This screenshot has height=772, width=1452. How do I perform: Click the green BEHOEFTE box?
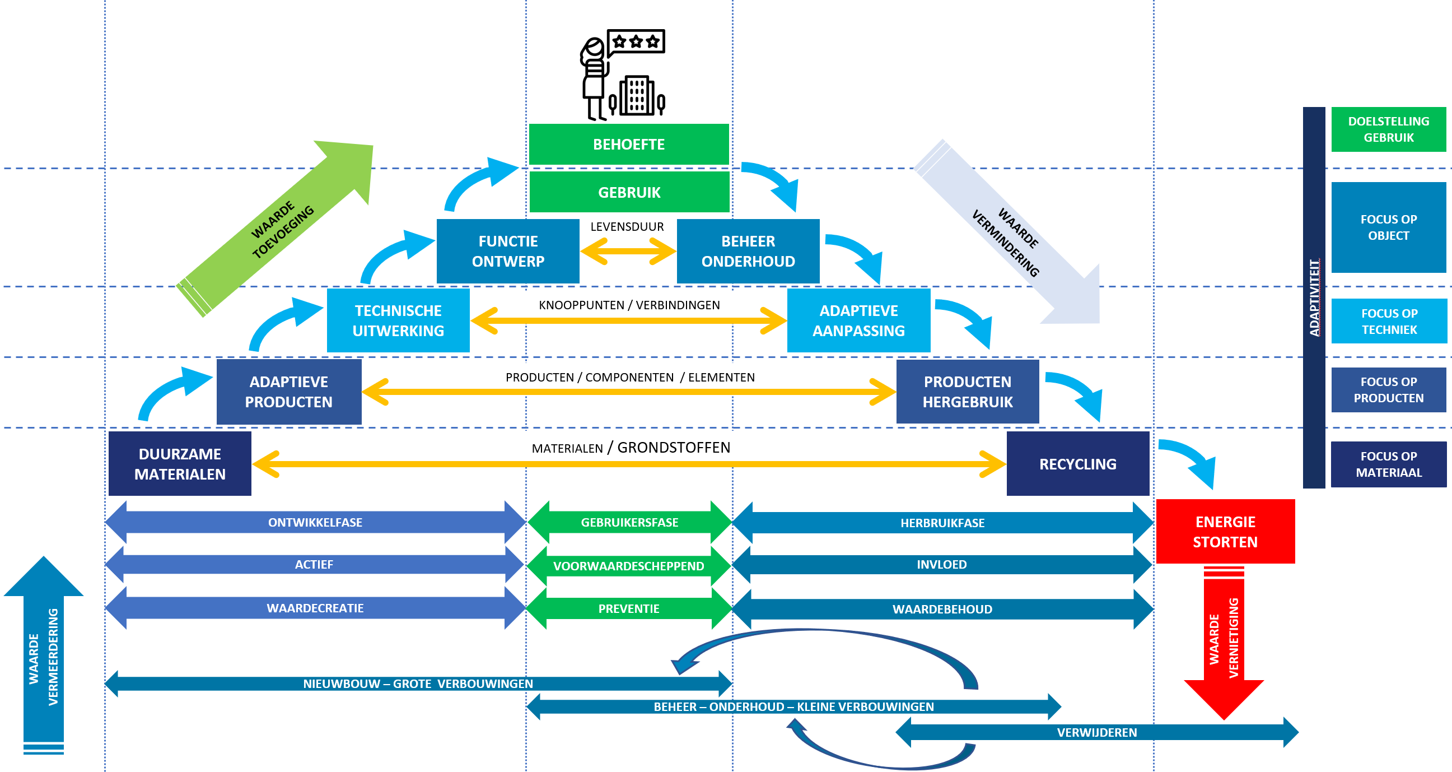628,145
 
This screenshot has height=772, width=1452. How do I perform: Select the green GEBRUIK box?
629,192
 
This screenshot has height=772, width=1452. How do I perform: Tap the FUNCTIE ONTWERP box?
508,251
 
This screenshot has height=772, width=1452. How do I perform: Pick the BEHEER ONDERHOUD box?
748,251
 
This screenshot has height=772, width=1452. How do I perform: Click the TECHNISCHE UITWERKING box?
398,320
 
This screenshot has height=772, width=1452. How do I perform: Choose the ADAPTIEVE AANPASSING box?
858,320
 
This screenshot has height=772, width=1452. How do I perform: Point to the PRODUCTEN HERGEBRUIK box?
967,392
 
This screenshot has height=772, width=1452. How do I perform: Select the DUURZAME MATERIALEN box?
180,463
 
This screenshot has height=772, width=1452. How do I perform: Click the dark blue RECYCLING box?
1077,463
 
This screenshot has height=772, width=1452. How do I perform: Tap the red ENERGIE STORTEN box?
1225,531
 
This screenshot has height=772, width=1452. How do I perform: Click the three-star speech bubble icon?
636,41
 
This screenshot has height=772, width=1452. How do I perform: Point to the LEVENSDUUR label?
627,227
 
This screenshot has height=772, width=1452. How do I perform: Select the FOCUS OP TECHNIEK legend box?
1389,321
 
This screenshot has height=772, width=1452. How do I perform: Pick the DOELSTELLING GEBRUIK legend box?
1388,129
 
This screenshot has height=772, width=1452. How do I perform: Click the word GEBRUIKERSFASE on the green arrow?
629,522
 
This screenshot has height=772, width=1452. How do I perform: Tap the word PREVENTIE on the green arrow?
628,608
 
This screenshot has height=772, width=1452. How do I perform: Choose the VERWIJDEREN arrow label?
1096,732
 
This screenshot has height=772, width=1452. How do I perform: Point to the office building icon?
637,96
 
